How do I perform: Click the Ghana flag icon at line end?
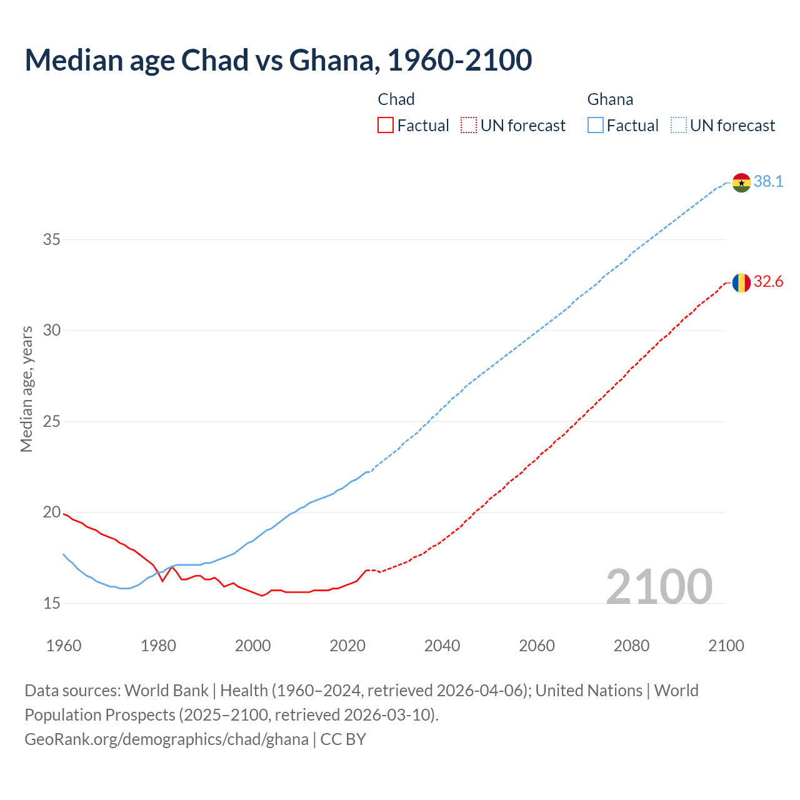coord(741,182)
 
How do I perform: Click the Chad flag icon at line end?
coord(741,282)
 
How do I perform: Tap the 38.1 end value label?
coord(768,182)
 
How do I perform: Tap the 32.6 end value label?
coord(768,282)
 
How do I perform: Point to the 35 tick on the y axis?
coord(52,239)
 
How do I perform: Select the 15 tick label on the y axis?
coord(52,603)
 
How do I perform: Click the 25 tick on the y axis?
coord(52,421)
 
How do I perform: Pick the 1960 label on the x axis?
coord(64,646)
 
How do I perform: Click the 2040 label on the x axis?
coord(442,646)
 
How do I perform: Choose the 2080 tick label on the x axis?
coord(631,646)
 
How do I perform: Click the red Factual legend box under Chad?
coord(386,126)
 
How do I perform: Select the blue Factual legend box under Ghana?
coord(595,126)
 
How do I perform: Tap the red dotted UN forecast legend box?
coord(469,126)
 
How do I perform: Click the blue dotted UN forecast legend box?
coord(678,126)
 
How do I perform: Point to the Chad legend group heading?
coord(396,99)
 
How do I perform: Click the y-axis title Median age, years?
coord(26,389)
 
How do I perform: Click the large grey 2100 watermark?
coord(659,586)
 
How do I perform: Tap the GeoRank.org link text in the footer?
coord(166,739)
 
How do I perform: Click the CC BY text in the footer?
coord(343,739)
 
